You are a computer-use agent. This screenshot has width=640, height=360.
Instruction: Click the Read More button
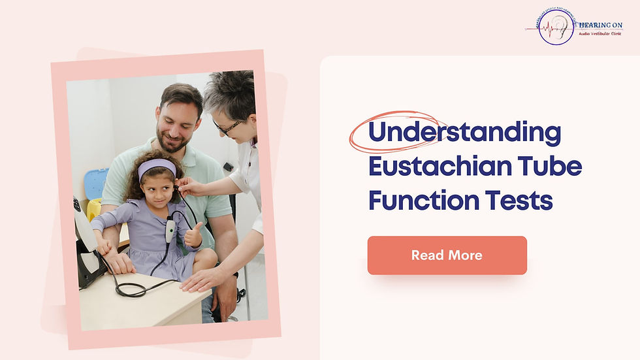(x=447, y=255)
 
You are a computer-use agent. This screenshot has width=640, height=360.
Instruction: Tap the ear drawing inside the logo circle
(x=557, y=26)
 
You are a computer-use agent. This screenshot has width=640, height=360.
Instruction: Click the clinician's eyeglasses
(x=227, y=126)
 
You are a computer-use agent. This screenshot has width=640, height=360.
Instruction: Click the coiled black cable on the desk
(x=130, y=287)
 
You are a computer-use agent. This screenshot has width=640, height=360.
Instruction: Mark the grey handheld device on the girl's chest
(x=170, y=229)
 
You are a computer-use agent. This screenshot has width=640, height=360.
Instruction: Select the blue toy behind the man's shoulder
(x=96, y=183)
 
